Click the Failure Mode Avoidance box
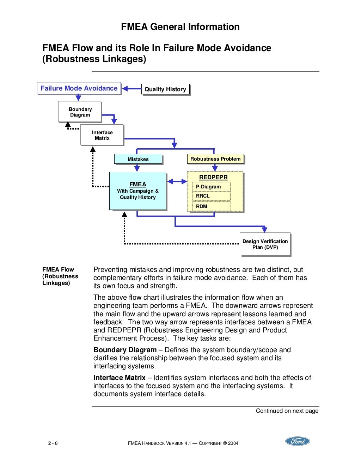coord(79,88)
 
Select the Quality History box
coord(165,89)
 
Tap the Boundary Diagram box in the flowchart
coord(80,112)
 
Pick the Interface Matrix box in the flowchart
coord(102,135)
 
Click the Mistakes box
coord(138,159)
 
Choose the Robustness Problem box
coord(215,159)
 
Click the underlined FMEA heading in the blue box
coord(137,184)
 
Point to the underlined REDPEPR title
coord(213,177)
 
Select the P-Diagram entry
coord(211,187)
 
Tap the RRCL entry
coord(211,196)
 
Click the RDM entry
coord(211,206)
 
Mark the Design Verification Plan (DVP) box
coord(265,244)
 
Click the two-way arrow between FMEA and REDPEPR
coord(177,182)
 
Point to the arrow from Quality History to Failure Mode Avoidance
coord(131,89)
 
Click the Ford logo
coord(298,441)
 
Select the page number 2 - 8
coord(53,443)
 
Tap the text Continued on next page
coord(287,411)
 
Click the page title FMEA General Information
coord(180,27)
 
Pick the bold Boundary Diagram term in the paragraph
coord(125,350)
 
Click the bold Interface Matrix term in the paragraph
coord(119,378)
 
